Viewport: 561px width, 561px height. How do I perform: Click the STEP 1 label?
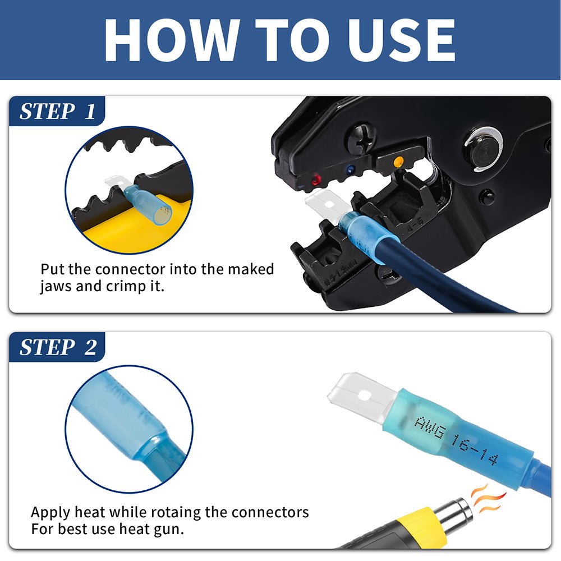coord(58,111)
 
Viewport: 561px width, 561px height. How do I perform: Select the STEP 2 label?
coord(58,347)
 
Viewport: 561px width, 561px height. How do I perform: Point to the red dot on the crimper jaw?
coord(316,180)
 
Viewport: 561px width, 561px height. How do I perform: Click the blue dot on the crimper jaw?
coord(350,169)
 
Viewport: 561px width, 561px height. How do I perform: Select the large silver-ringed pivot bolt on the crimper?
coord(482,148)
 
